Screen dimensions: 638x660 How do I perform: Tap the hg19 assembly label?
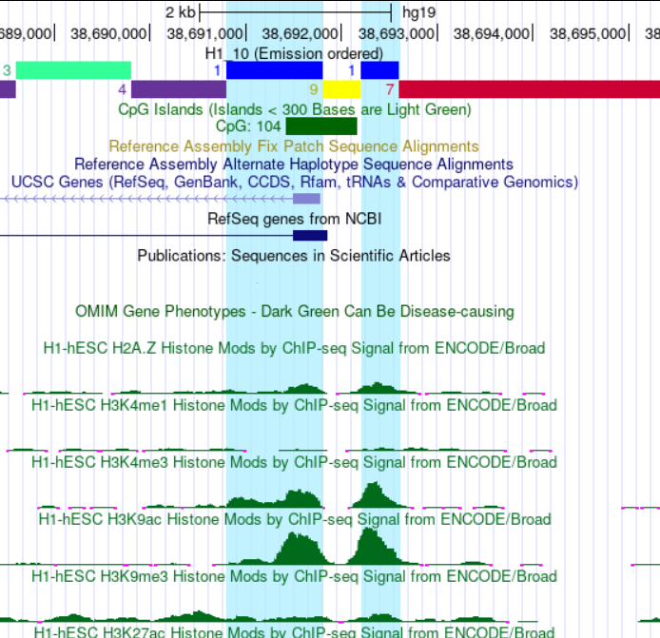418,12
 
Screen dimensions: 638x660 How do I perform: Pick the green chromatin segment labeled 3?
73,69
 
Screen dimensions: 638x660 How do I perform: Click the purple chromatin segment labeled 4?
178,89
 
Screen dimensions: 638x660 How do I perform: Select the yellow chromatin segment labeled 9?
341,89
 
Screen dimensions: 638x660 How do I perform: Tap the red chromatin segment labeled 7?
529,89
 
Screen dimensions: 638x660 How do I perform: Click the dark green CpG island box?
320,126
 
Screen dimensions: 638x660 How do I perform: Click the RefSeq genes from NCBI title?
294,219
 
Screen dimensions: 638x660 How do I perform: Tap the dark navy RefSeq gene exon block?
309,236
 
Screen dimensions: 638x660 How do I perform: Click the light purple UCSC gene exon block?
306,199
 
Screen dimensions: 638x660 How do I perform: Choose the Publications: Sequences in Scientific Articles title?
294,256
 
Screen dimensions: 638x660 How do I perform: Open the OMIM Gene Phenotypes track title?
294,312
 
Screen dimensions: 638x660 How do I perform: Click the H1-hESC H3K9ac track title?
294,520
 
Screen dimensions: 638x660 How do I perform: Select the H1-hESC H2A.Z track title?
294,348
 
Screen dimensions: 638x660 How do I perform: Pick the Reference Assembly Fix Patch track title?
294,146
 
